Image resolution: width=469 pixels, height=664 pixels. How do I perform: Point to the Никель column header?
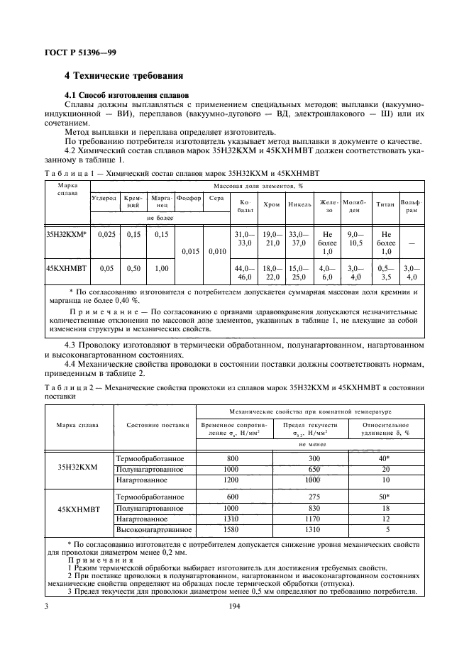tap(299, 204)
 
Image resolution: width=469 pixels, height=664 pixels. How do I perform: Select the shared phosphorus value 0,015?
tap(189, 250)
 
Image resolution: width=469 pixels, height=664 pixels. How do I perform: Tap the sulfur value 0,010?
tap(218, 250)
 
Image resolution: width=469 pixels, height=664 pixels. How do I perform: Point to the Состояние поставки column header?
tap(158, 425)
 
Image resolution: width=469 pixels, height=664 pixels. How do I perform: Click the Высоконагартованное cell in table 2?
tap(154, 529)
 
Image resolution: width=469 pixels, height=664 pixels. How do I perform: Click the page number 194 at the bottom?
tap(235, 607)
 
